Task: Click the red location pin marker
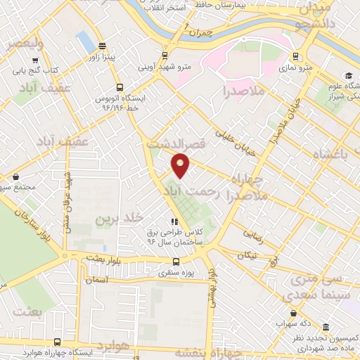pos(181,165)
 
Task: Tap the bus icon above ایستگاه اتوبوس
pos(120,87)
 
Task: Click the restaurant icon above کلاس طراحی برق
pos(173,221)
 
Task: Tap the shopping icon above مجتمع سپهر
pos(15,176)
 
